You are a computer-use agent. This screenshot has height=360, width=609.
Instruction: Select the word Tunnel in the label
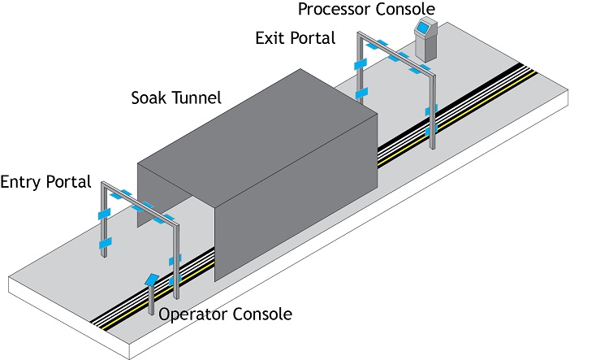point(199,98)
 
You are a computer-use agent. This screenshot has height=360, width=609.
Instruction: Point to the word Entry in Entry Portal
point(22,180)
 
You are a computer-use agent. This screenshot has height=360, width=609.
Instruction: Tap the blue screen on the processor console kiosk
point(422,28)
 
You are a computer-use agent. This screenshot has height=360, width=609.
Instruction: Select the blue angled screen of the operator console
point(152,279)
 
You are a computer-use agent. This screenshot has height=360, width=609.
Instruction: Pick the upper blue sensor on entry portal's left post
point(104,214)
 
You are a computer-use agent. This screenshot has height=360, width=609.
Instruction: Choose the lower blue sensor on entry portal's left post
point(104,244)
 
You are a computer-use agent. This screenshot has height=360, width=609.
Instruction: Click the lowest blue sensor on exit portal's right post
point(432,128)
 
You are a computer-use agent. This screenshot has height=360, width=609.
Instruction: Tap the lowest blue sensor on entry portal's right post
point(172,280)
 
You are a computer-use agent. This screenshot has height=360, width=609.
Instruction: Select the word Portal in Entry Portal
point(68,180)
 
